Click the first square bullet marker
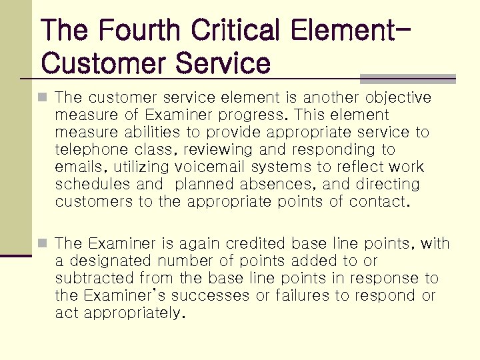click(x=43, y=98)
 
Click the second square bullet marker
click(x=43, y=244)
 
